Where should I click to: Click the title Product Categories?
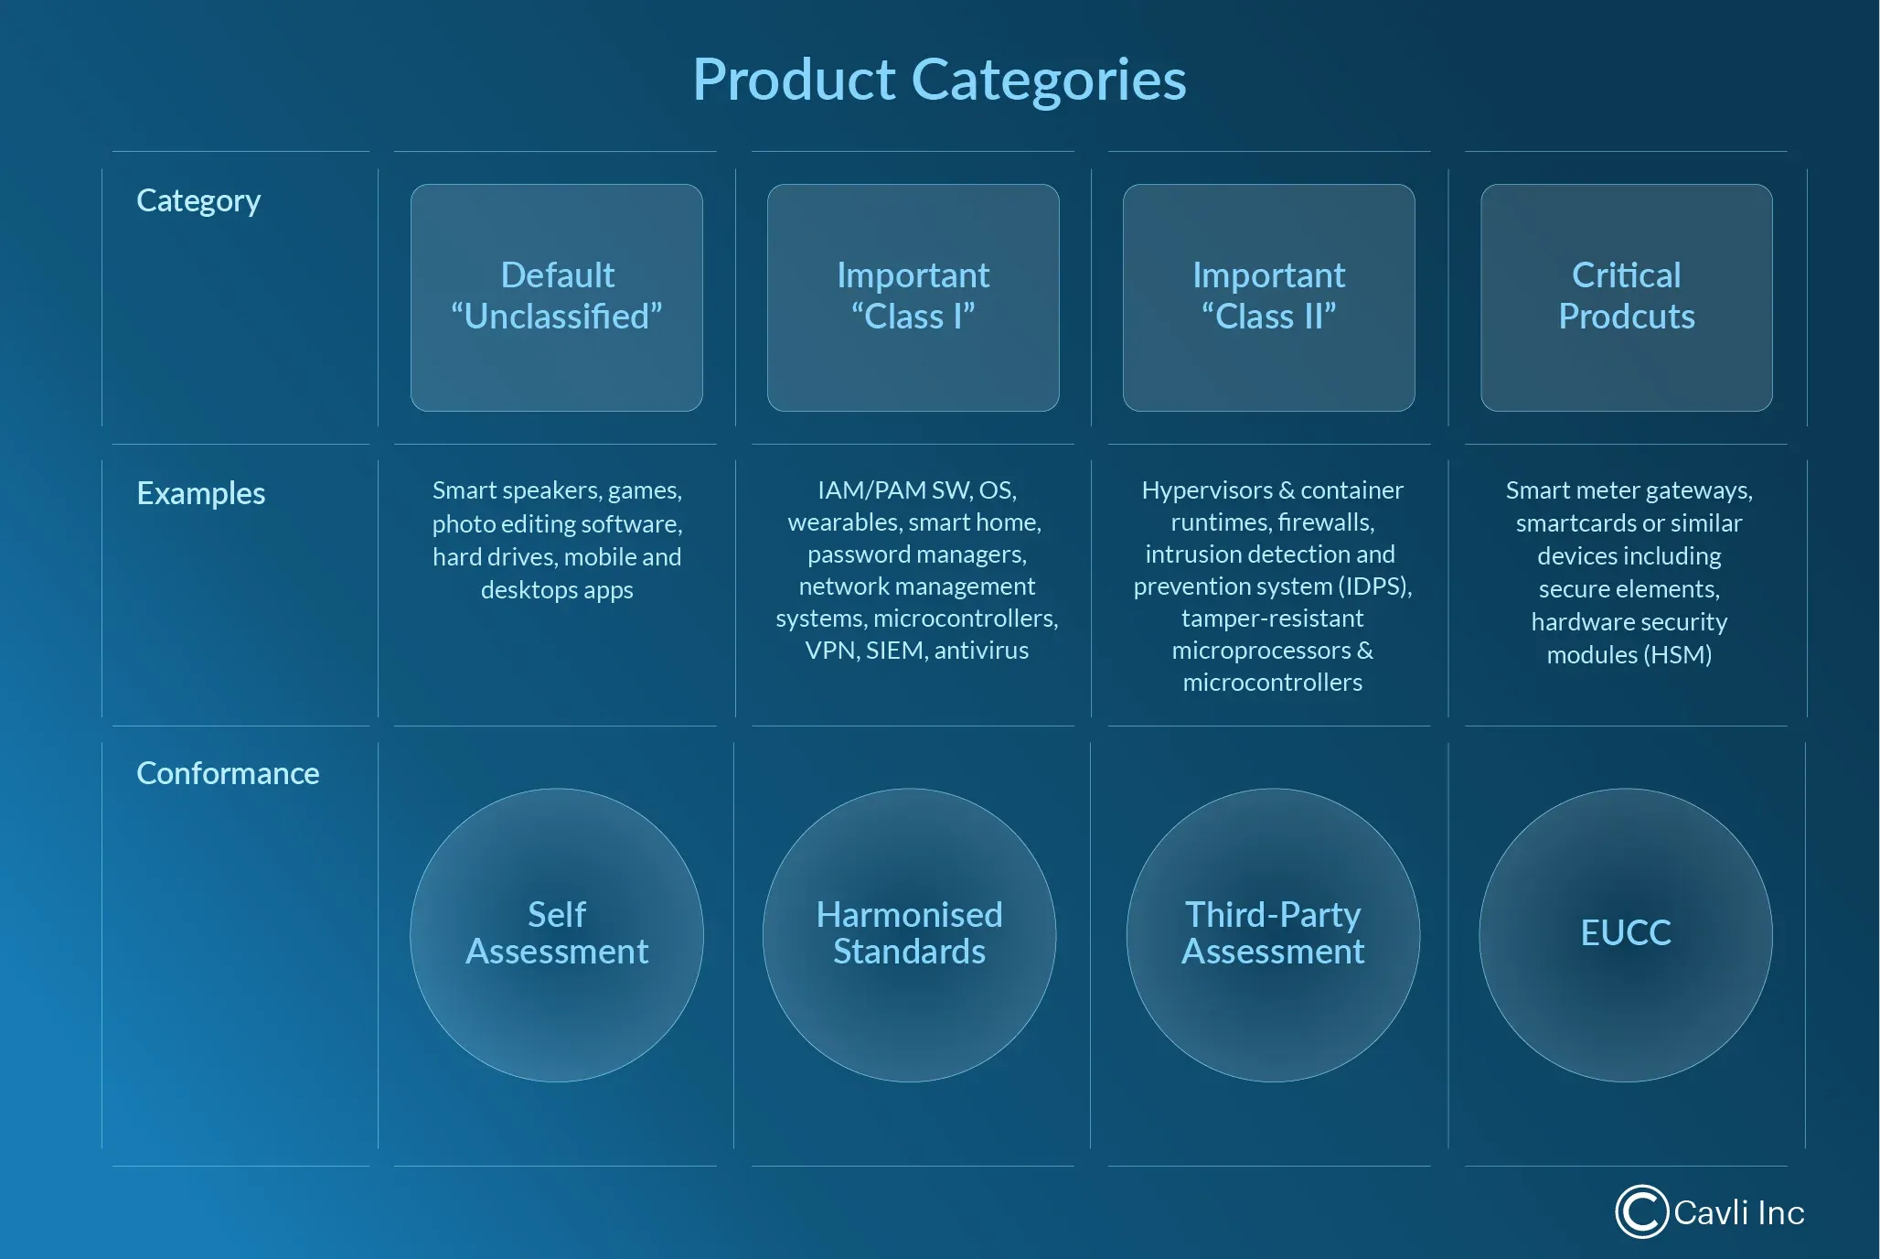[x=939, y=80]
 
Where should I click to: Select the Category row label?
[x=198, y=200]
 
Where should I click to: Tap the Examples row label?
[x=200, y=493]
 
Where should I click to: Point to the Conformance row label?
[x=228, y=773]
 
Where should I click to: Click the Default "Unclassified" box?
[x=557, y=297]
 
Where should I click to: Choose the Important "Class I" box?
[x=913, y=297]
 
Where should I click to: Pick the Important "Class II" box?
[x=1269, y=297]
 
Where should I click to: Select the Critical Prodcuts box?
[x=1627, y=297]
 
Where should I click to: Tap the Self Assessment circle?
[x=557, y=935]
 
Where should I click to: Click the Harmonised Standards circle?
[x=910, y=935]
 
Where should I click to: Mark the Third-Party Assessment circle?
[x=1273, y=935]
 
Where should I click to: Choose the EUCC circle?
[x=1626, y=935]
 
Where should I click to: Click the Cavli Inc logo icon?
[x=1642, y=1211]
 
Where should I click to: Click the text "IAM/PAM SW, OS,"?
[x=917, y=490]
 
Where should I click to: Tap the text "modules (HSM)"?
[x=1629, y=655]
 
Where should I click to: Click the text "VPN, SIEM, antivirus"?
[x=917, y=651]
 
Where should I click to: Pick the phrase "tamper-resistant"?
[x=1272, y=619]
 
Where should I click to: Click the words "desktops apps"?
[x=557, y=590]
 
